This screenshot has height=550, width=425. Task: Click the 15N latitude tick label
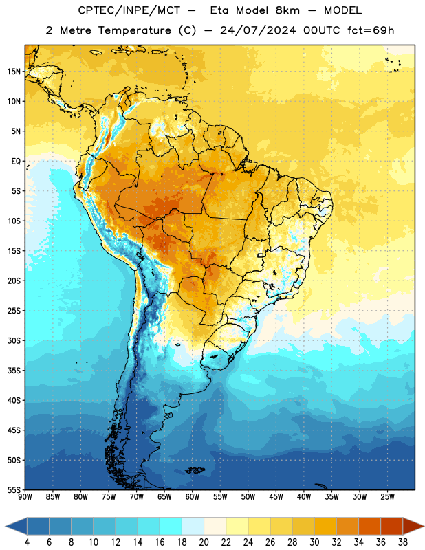coord(14,71)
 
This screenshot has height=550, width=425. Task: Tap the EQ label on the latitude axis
coord(16,162)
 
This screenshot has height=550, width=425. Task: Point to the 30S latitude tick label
coord(14,340)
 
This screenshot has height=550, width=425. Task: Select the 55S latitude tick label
coord(14,489)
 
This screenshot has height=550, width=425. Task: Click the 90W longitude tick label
coord(25,497)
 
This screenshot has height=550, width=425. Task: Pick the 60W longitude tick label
coord(193,497)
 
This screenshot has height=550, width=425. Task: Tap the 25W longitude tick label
coord(387,497)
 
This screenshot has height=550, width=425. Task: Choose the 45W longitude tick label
coord(276,497)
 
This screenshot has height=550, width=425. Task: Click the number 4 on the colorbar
coord(27,542)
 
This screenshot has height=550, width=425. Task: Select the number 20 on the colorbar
coord(204,542)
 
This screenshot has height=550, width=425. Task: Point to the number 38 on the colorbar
coord(403,542)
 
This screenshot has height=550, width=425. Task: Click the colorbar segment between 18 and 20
coord(193,527)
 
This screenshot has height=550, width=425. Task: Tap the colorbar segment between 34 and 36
coord(370,527)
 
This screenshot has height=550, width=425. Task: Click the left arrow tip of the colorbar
coord(6,527)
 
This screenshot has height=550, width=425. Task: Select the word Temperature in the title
coord(134,30)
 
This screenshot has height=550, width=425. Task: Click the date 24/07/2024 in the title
coord(258,30)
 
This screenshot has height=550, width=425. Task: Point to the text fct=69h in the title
coord(371,30)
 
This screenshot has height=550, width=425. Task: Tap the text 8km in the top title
coord(287,10)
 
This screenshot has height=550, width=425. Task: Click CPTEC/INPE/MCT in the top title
coord(129,10)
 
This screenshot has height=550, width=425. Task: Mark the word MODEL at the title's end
coord(342,10)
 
